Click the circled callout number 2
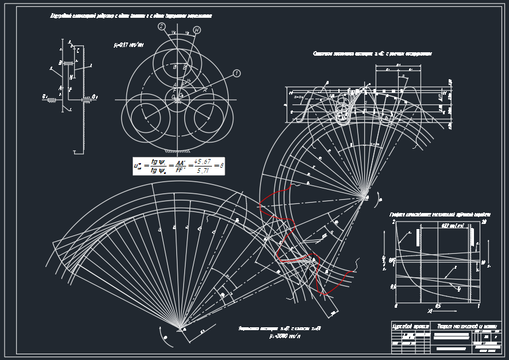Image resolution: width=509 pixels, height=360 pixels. pos(162,26)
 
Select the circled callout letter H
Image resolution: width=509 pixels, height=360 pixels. pos(197,30)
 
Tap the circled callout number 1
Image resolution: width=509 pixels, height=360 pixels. pos(237,73)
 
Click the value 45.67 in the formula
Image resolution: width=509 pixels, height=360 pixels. pos(202,161)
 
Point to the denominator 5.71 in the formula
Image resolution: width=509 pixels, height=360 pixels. pos(202,171)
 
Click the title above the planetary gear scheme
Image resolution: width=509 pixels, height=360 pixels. pos(131,16)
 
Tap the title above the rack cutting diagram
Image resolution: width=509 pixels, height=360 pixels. pos(372,53)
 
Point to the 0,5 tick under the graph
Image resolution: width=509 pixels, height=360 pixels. pos(437,305)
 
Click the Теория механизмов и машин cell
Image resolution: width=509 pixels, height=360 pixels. pos(466,326)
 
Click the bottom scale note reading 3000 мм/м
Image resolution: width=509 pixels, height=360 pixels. pos(284,336)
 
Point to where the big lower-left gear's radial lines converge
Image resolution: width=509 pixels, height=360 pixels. pos(180,328)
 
